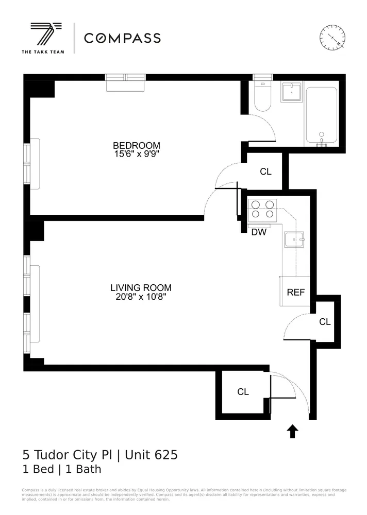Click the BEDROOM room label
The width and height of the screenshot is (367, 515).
(137, 145)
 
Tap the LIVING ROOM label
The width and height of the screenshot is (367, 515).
(141, 288)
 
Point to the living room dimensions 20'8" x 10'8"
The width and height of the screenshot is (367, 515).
(141, 297)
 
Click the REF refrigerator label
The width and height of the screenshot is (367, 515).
(296, 292)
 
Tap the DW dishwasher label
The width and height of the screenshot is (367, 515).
(258, 232)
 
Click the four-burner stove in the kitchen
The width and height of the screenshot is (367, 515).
(262, 210)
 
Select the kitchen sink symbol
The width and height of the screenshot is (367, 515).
(294, 239)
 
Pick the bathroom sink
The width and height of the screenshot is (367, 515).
(291, 93)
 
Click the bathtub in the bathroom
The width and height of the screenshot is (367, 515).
(321, 116)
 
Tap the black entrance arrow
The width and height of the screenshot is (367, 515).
(293, 431)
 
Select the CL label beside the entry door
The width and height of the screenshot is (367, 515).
(243, 392)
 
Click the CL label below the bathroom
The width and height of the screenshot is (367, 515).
(265, 171)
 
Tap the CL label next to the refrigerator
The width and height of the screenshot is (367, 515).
(325, 322)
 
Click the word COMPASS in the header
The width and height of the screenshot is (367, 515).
(122, 38)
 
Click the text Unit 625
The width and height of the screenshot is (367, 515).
(149, 455)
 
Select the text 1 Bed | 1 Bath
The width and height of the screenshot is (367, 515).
(62, 469)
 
